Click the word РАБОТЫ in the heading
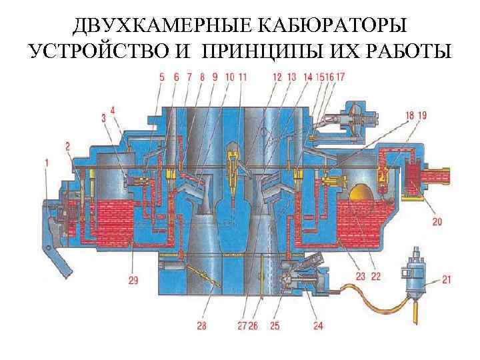[x=407, y=51]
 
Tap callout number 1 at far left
[x=47, y=162]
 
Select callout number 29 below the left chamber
[x=133, y=281]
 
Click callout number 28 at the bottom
[x=201, y=326]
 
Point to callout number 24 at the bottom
[x=318, y=326]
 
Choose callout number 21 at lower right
[x=447, y=280]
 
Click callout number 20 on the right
[x=437, y=221]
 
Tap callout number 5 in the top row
[x=163, y=77]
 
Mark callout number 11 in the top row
[x=242, y=77]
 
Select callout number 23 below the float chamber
[x=361, y=275]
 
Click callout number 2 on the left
[x=68, y=145]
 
